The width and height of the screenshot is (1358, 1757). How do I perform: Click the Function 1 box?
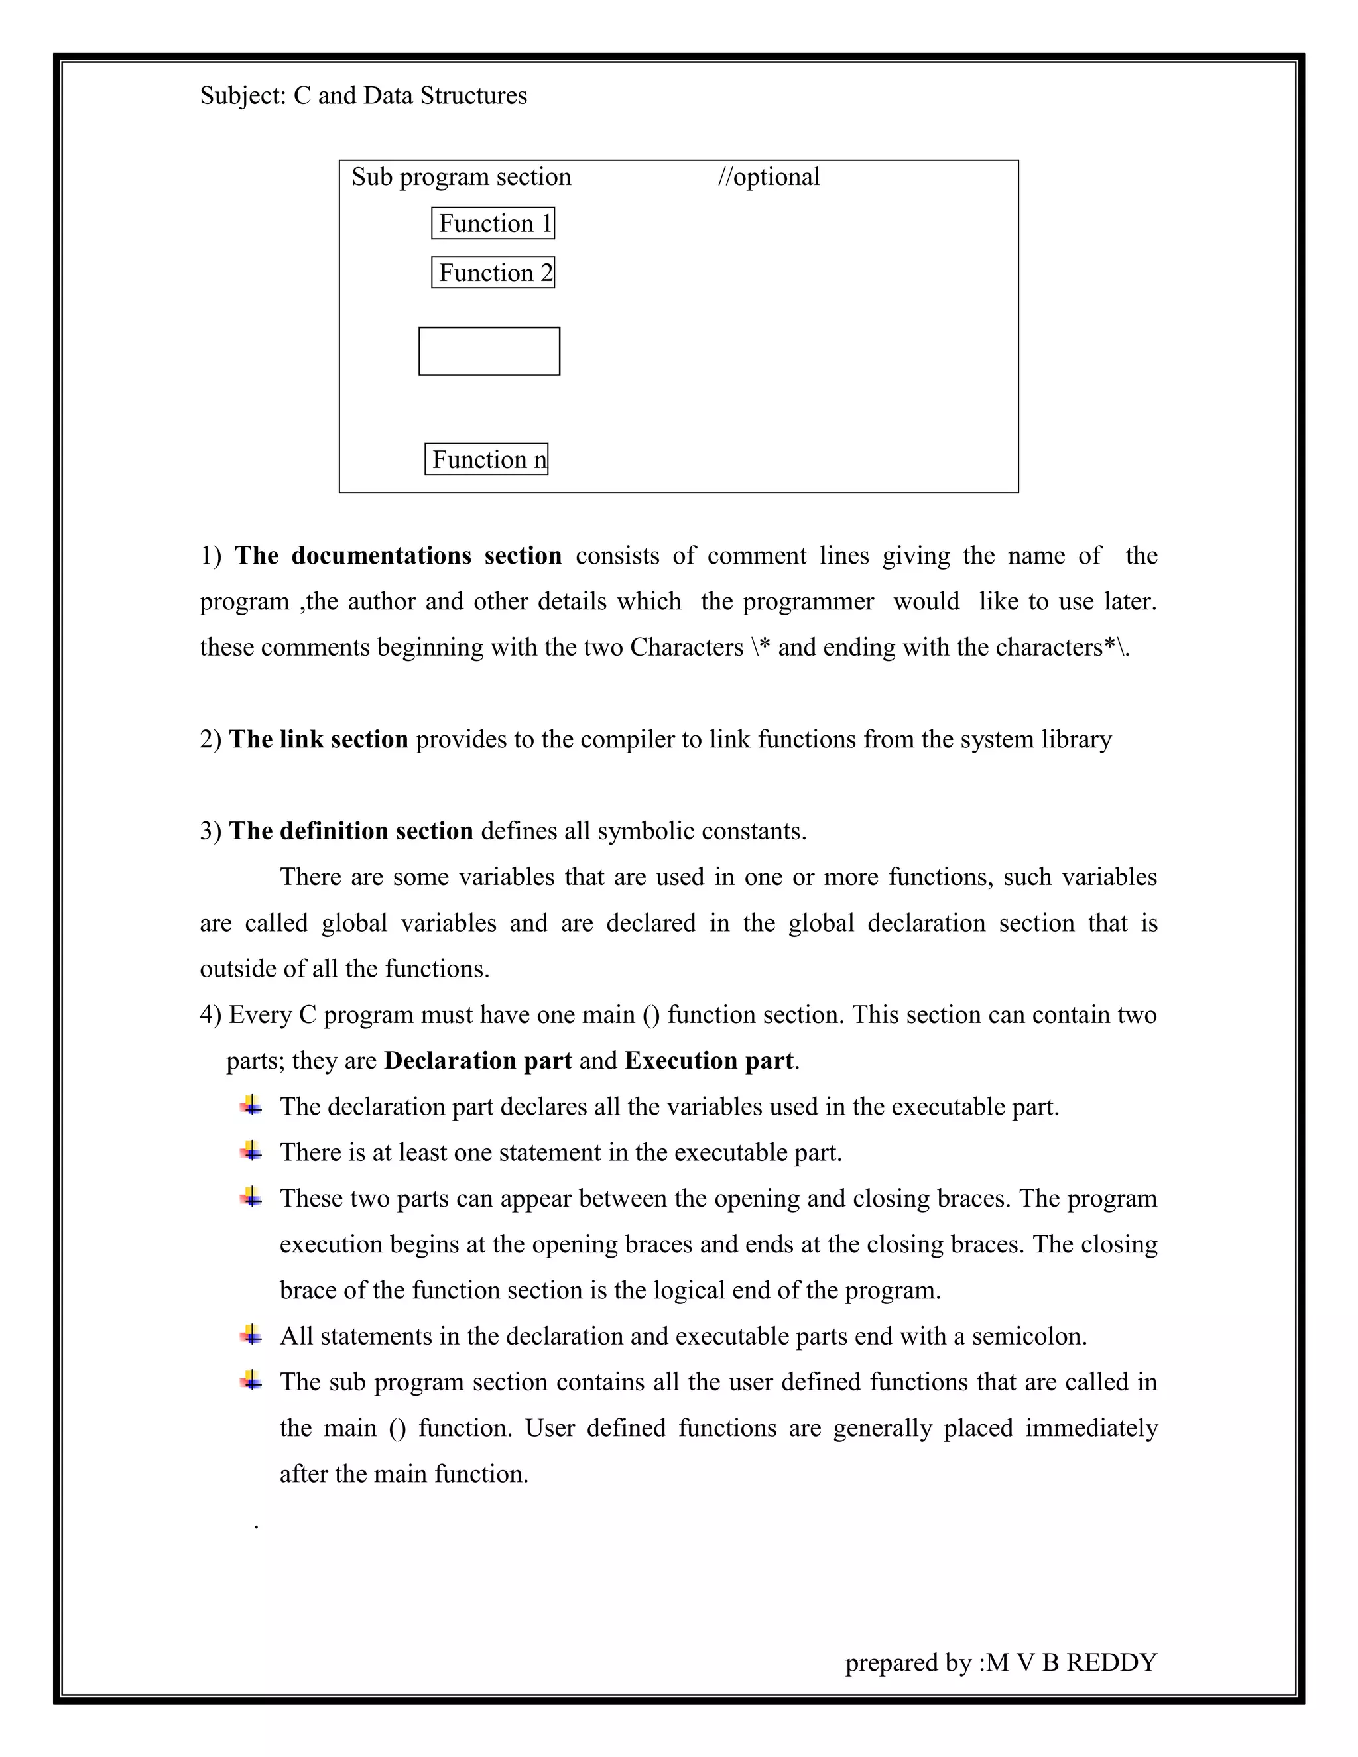tap(493, 223)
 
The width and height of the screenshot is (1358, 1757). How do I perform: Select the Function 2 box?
tap(493, 273)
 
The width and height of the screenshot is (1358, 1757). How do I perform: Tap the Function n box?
tap(486, 459)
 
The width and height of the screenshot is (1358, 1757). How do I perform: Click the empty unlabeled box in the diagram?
tap(489, 351)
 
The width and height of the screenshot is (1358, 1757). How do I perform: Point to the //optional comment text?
tap(769, 177)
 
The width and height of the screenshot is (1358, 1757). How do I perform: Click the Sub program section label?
tap(461, 177)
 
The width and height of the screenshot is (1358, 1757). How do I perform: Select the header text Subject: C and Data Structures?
tap(363, 95)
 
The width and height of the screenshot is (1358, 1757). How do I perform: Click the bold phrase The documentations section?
tap(397, 556)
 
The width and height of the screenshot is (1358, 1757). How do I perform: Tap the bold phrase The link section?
tap(318, 739)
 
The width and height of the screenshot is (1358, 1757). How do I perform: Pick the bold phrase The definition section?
tap(351, 831)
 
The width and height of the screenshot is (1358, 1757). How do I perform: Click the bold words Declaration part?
tap(478, 1061)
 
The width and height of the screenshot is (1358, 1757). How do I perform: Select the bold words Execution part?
tap(708, 1061)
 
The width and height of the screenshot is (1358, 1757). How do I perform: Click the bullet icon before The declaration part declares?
tap(251, 1106)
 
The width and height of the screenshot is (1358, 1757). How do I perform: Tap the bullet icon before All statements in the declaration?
tap(251, 1335)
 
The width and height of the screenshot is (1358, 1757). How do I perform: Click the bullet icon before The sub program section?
tap(251, 1381)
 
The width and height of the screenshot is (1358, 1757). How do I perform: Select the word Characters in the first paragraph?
tap(686, 648)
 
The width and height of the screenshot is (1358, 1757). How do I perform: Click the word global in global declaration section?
tap(821, 923)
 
